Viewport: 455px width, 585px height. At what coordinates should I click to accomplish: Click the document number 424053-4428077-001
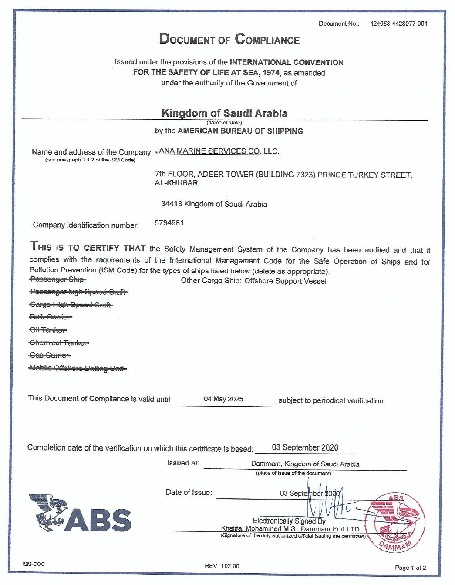coord(398,24)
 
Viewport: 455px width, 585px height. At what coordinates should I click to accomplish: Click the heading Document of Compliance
coord(229,39)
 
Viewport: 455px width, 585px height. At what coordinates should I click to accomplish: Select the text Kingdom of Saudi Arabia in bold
coord(224,113)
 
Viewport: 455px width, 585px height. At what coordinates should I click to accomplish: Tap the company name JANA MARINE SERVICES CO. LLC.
coord(217,151)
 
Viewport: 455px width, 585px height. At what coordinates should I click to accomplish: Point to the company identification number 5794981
coord(169,223)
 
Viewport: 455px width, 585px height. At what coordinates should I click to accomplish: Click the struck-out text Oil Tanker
coord(48,329)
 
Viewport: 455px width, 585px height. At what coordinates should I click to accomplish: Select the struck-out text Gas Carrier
coord(50,355)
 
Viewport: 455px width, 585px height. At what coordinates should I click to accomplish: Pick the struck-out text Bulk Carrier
coord(51,317)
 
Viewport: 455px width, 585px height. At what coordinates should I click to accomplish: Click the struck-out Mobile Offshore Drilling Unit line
coord(78,368)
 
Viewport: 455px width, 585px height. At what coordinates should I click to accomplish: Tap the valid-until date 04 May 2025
coord(223,399)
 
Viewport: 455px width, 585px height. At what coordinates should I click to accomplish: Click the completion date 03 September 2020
coord(305,447)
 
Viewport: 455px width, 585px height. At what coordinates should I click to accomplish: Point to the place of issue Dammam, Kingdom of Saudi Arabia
coord(305,464)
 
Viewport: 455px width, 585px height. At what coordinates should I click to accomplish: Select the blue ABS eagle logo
coord(80,514)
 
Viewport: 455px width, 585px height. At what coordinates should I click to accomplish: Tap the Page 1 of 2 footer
coord(410,568)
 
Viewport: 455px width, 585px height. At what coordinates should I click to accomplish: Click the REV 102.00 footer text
coord(222,566)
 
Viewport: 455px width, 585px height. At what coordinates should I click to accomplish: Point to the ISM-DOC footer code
coord(34,564)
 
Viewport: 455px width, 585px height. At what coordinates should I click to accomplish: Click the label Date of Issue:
coord(189,492)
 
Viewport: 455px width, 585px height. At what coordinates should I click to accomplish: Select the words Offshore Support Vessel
coord(285,281)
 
